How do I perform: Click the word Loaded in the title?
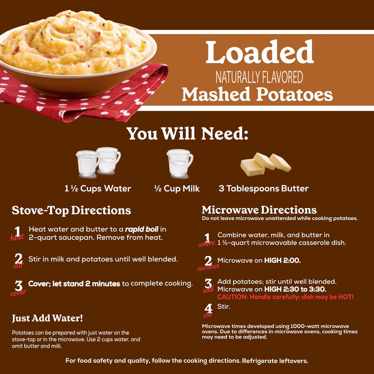pyautogui.click(x=260, y=52)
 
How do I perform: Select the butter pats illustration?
pyautogui.click(x=266, y=164)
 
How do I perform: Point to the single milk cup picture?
pyautogui.click(x=180, y=163)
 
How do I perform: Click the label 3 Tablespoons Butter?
pyautogui.click(x=263, y=188)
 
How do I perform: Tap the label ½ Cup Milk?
pyautogui.click(x=177, y=188)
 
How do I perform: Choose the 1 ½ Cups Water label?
pyautogui.click(x=98, y=188)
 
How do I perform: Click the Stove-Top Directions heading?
pyautogui.click(x=71, y=210)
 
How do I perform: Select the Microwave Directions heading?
pyautogui.click(x=259, y=210)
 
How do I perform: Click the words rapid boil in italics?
pyautogui.click(x=142, y=229)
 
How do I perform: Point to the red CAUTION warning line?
pyautogui.click(x=285, y=297)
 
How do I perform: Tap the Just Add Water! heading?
pyautogui.click(x=47, y=318)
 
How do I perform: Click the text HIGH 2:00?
pyautogui.click(x=282, y=260)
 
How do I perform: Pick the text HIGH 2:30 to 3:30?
pyautogui.click(x=295, y=289)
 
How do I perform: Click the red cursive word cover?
pyautogui.click(x=18, y=293)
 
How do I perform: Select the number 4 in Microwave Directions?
pyautogui.click(x=208, y=308)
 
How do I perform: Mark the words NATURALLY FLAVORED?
pyautogui.click(x=259, y=77)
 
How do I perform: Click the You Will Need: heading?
pyautogui.click(x=187, y=134)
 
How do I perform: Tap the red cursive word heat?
pyautogui.click(x=17, y=237)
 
